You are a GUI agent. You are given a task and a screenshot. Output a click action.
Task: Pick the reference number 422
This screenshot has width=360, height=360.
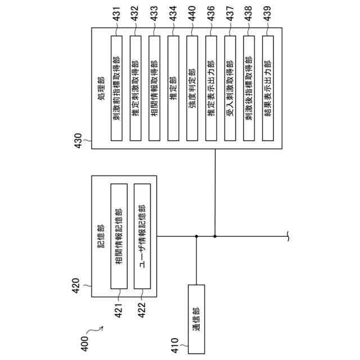(142, 308)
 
